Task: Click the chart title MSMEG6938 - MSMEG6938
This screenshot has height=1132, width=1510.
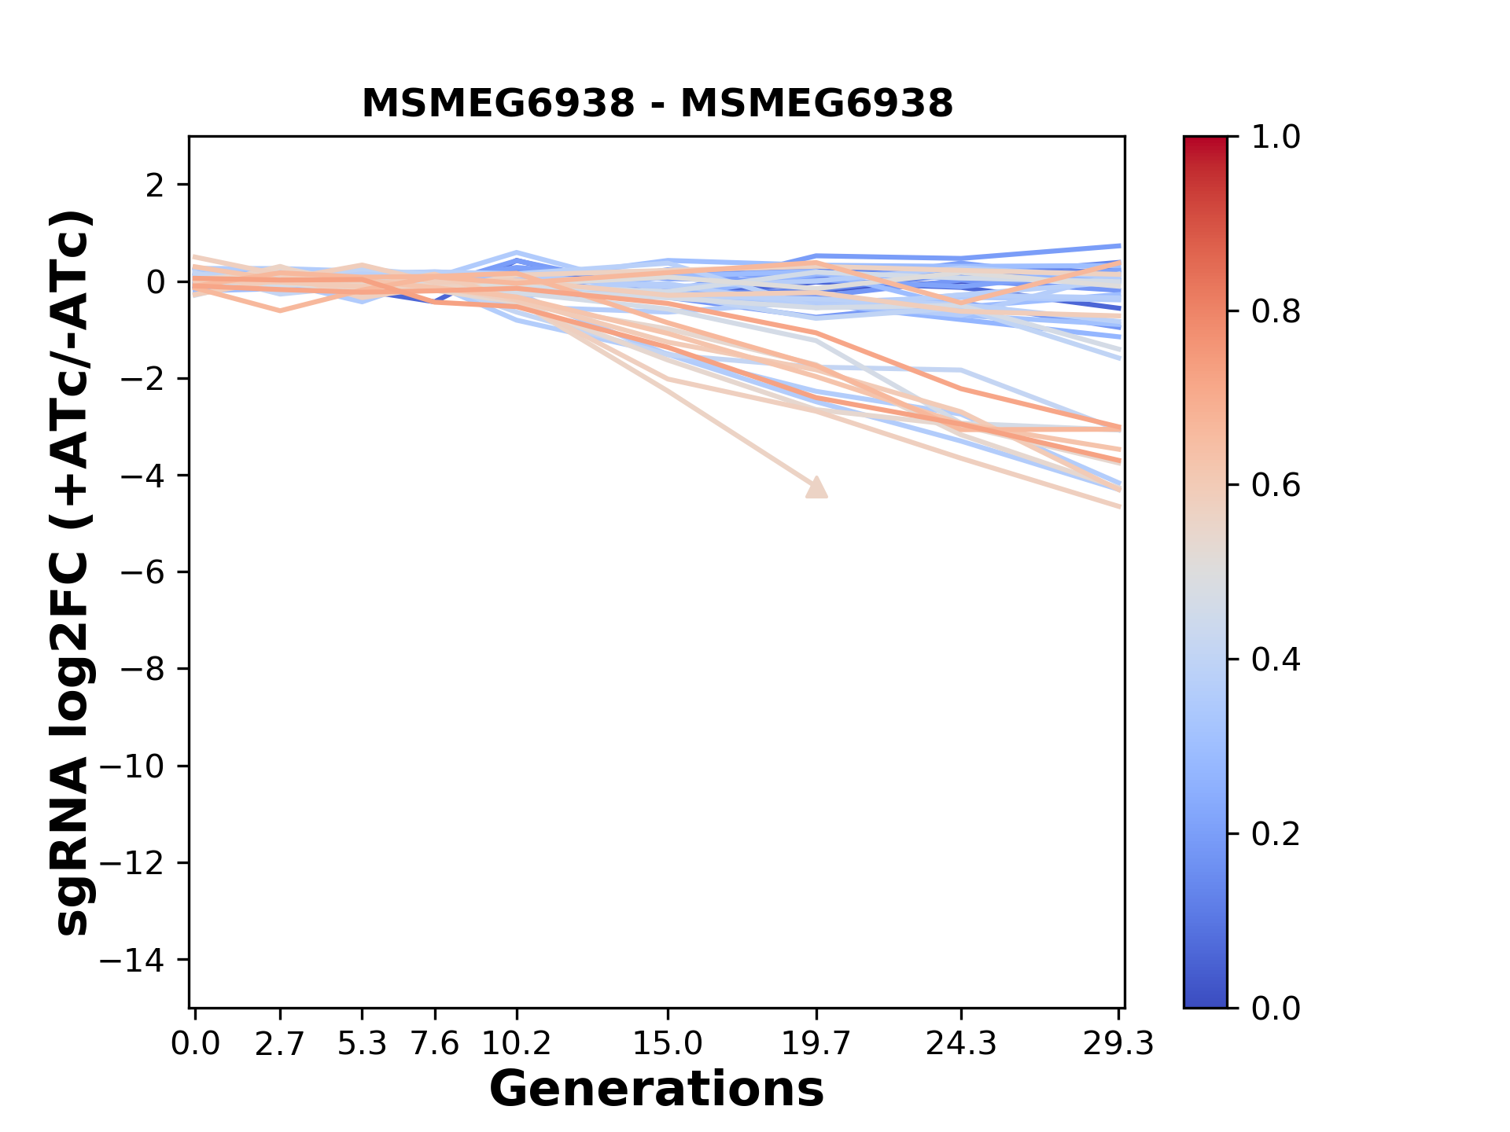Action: (657, 103)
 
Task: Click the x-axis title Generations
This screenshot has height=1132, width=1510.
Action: (657, 1090)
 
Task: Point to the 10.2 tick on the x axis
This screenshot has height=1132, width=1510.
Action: (516, 1044)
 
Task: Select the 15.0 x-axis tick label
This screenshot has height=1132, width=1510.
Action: (667, 1044)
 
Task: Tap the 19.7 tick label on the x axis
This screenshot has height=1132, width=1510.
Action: (816, 1044)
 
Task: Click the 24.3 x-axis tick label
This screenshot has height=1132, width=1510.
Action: (961, 1044)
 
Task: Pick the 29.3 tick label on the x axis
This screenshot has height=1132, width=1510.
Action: (1118, 1044)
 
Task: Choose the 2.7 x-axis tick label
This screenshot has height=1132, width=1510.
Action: (279, 1044)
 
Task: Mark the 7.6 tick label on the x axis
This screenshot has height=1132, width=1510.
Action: (434, 1044)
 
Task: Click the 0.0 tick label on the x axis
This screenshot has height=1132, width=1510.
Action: (195, 1044)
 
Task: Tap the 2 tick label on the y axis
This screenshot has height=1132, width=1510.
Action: (156, 185)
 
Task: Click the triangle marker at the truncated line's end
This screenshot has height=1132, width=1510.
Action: (817, 488)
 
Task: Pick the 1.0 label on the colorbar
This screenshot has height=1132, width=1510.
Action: (1276, 138)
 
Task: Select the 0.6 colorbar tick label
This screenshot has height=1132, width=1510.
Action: (1276, 485)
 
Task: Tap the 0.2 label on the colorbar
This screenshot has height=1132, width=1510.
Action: (1276, 833)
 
